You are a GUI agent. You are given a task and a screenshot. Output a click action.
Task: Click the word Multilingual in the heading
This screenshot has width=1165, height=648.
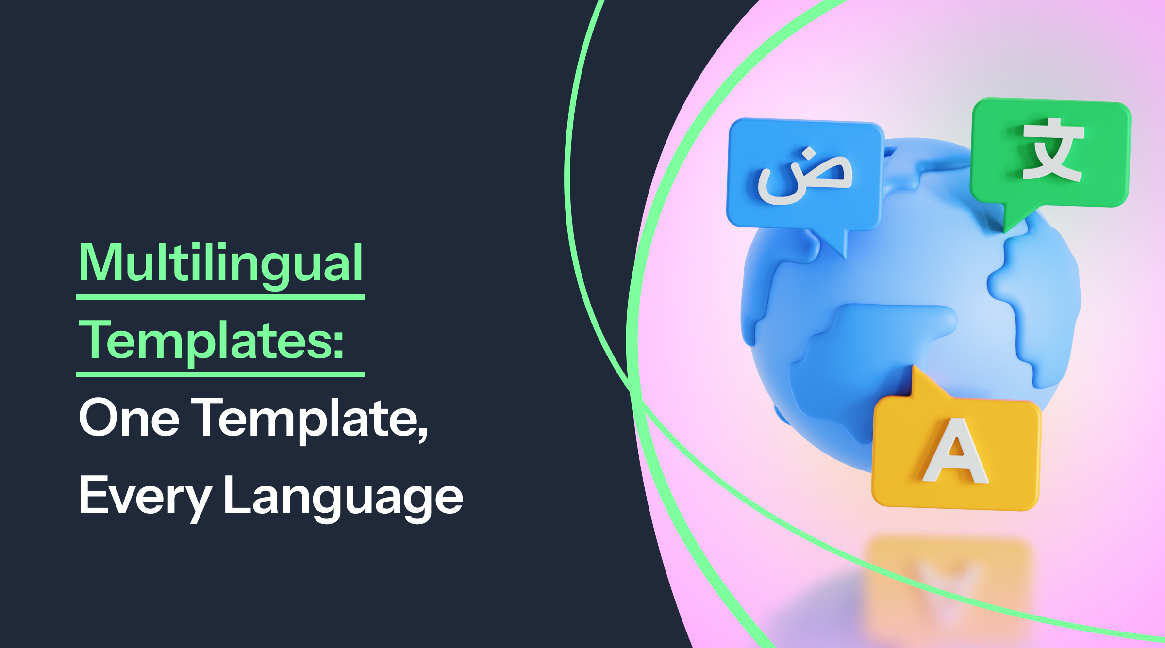(221, 263)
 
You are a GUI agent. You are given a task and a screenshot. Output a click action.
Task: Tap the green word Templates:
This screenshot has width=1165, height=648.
(211, 341)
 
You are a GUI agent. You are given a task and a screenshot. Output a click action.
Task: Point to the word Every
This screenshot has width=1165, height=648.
(145, 496)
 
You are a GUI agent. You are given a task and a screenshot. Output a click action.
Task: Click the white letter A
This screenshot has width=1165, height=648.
(955, 452)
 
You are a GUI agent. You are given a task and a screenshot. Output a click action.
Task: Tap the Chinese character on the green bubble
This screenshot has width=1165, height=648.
(1052, 150)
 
